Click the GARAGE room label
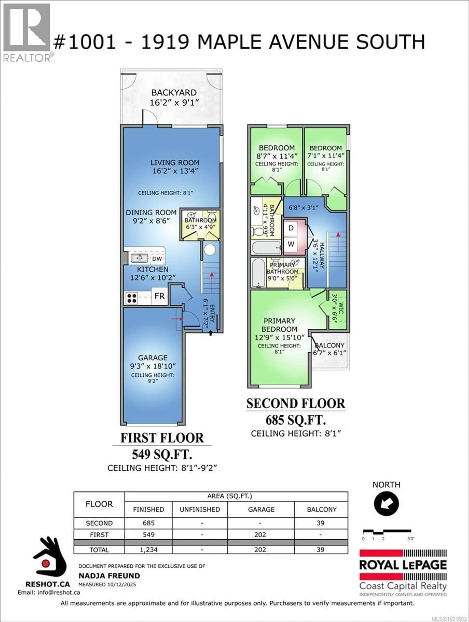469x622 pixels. pyautogui.click(x=153, y=358)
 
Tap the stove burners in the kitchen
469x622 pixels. pyautogui.click(x=131, y=298)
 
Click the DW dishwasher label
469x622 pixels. pyautogui.click(x=157, y=259)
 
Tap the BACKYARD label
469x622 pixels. pyautogui.click(x=174, y=93)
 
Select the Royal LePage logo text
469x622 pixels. pyautogui.click(x=403, y=565)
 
